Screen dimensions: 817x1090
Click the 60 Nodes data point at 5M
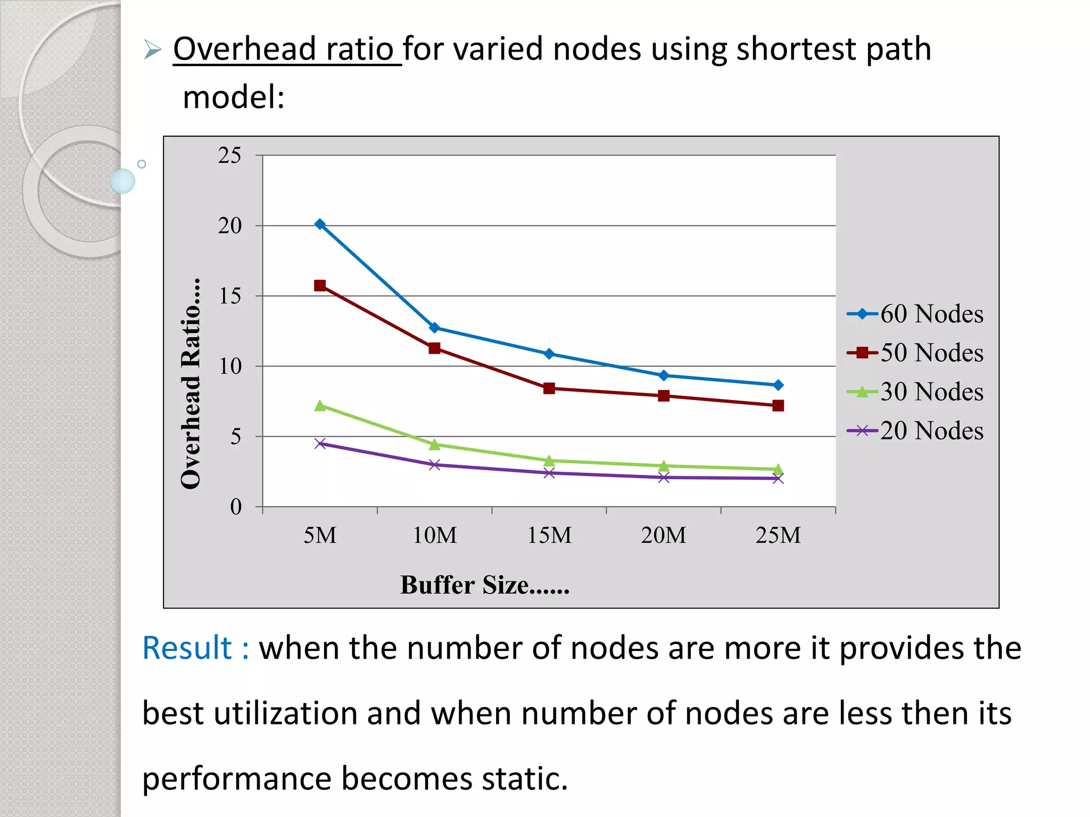[x=320, y=224]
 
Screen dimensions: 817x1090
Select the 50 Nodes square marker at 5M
[x=320, y=286]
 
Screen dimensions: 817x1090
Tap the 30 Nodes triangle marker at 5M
[x=320, y=406]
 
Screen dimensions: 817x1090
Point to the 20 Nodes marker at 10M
[x=434, y=465]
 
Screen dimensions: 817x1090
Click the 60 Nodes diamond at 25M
[x=778, y=385]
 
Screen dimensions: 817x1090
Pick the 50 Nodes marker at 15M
[x=549, y=388]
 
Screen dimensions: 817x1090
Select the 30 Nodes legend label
[x=931, y=392]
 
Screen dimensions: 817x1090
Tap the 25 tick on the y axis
[x=229, y=155]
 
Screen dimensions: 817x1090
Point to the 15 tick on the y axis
[x=230, y=296]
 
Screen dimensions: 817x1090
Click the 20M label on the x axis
[x=663, y=535]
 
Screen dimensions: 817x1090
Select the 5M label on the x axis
[x=320, y=535]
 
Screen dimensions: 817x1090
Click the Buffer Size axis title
[x=484, y=585]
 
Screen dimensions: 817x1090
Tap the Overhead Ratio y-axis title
[x=191, y=383]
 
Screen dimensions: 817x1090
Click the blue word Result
[x=187, y=648]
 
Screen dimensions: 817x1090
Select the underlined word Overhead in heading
[x=245, y=49]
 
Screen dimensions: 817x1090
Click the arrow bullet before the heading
[x=152, y=50]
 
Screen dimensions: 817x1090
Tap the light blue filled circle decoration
[x=122, y=181]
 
